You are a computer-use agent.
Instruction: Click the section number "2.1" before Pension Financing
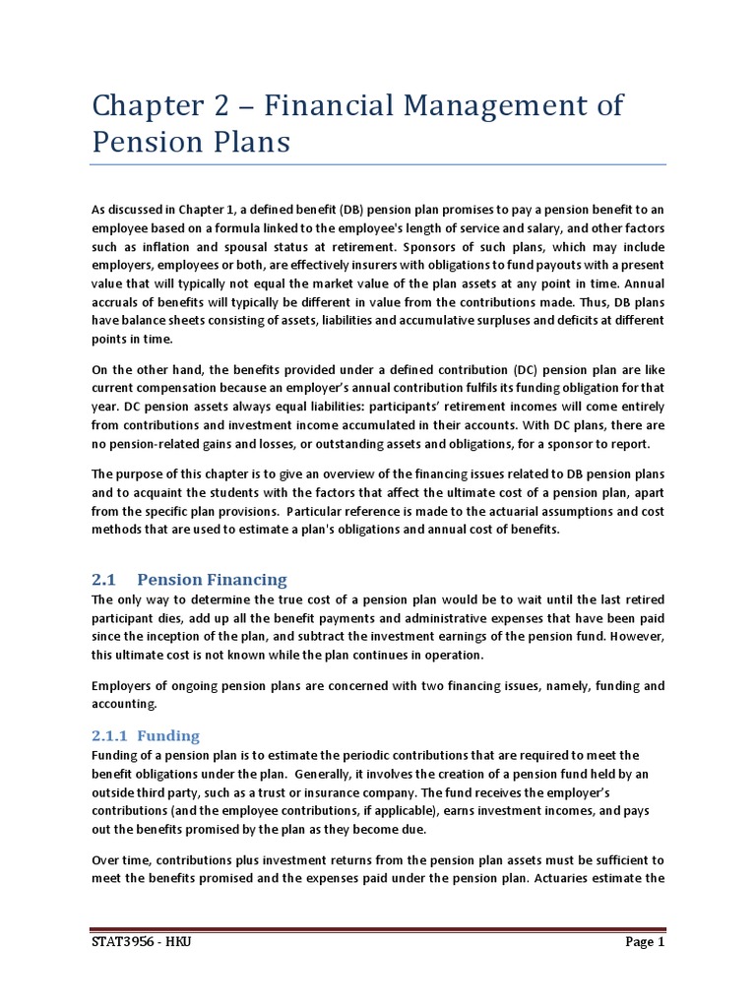pos(104,579)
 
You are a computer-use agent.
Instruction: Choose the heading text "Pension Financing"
pos(212,579)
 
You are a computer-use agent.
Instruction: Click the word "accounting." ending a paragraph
pos(123,704)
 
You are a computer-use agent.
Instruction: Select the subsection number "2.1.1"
pos(110,735)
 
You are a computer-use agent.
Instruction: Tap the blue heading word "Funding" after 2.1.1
pos(168,735)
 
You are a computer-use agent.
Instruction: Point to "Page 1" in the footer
pos(646,942)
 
